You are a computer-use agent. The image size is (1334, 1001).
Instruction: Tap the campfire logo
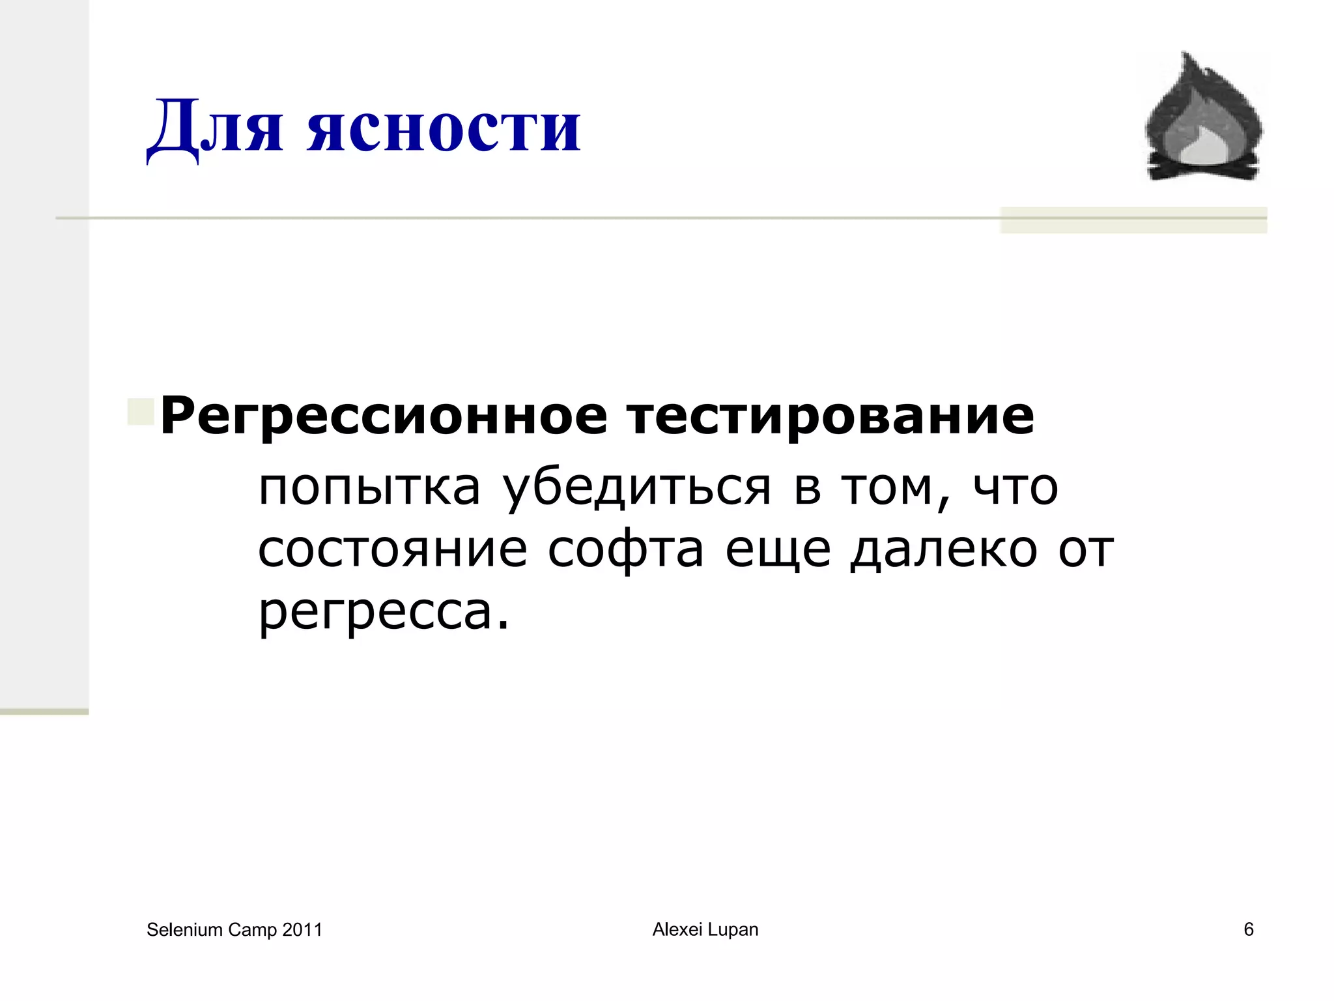click(1204, 117)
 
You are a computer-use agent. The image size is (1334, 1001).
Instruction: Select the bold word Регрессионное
click(384, 416)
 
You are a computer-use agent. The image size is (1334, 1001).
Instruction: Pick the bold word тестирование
click(830, 416)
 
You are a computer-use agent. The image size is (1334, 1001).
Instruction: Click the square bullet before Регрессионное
click(141, 412)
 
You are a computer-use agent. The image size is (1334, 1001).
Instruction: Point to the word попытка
click(369, 487)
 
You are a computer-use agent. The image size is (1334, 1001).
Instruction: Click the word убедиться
click(637, 487)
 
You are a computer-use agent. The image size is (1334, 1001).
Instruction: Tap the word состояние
click(392, 549)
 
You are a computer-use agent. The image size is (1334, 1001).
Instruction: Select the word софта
click(625, 549)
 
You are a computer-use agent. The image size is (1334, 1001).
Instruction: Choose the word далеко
click(943, 549)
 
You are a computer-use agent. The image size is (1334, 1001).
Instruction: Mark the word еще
click(778, 549)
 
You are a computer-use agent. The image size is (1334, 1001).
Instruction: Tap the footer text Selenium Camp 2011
click(234, 929)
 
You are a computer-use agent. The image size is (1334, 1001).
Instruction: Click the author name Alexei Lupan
click(705, 929)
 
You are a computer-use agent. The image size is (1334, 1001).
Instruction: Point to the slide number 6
click(1248, 929)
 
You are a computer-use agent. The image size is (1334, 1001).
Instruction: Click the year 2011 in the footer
click(302, 929)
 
